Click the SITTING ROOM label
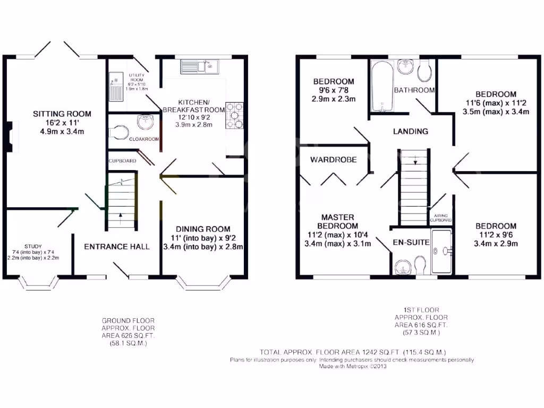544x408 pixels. [x=62, y=114]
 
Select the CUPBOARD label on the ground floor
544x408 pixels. [x=122, y=160]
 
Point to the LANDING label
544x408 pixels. [x=411, y=131]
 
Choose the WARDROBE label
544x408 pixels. [x=334, y=159]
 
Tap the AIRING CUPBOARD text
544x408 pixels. [x=440, y=217]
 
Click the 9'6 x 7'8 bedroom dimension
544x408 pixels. [x=334, y=90]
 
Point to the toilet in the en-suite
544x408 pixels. [x=420, y=264]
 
